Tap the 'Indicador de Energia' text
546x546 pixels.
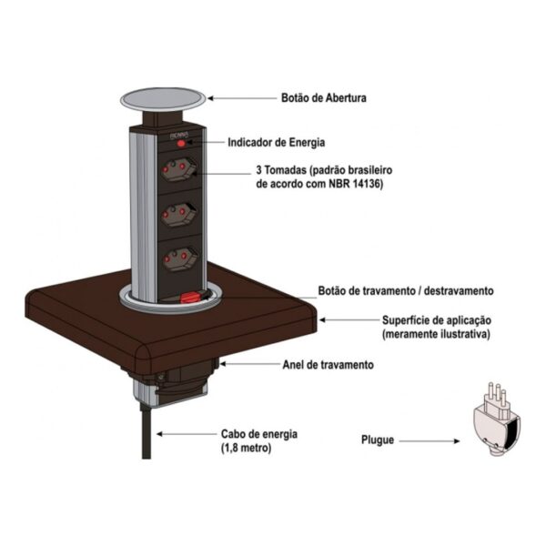277,143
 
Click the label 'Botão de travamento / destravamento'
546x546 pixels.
406,290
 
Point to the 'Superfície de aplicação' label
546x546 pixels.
436,320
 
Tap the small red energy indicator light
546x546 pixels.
180,143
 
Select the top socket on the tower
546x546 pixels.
177,170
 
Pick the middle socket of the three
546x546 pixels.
177,216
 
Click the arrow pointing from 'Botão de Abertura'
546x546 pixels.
241,97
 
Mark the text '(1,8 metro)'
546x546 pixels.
247,449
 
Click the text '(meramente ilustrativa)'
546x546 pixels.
436,335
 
